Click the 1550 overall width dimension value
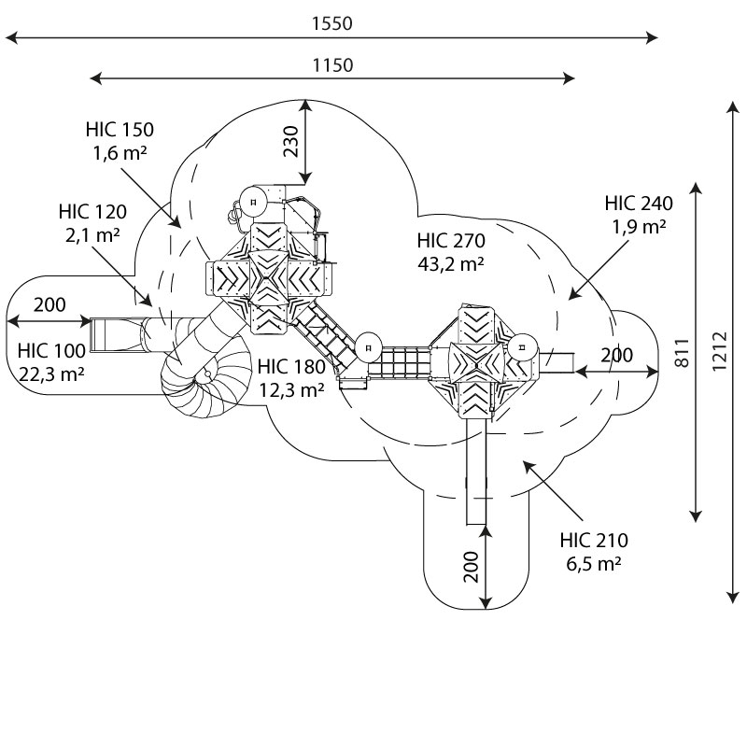point(332,24)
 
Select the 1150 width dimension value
point(332,65)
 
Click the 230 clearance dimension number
point(291,141)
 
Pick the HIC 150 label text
point(120,130)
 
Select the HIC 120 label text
point(92,212)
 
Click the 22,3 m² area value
point(52,374)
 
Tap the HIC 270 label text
point(451,241)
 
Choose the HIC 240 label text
point(639,204)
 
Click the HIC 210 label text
point(594,541)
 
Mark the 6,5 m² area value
point(594,563)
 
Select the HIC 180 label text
point(291,367)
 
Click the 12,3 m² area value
point(291,390)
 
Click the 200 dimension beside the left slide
point(49,304)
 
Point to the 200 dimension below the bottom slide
point(471,566)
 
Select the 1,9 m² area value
point(639,226)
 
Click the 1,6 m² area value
point(120,153)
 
